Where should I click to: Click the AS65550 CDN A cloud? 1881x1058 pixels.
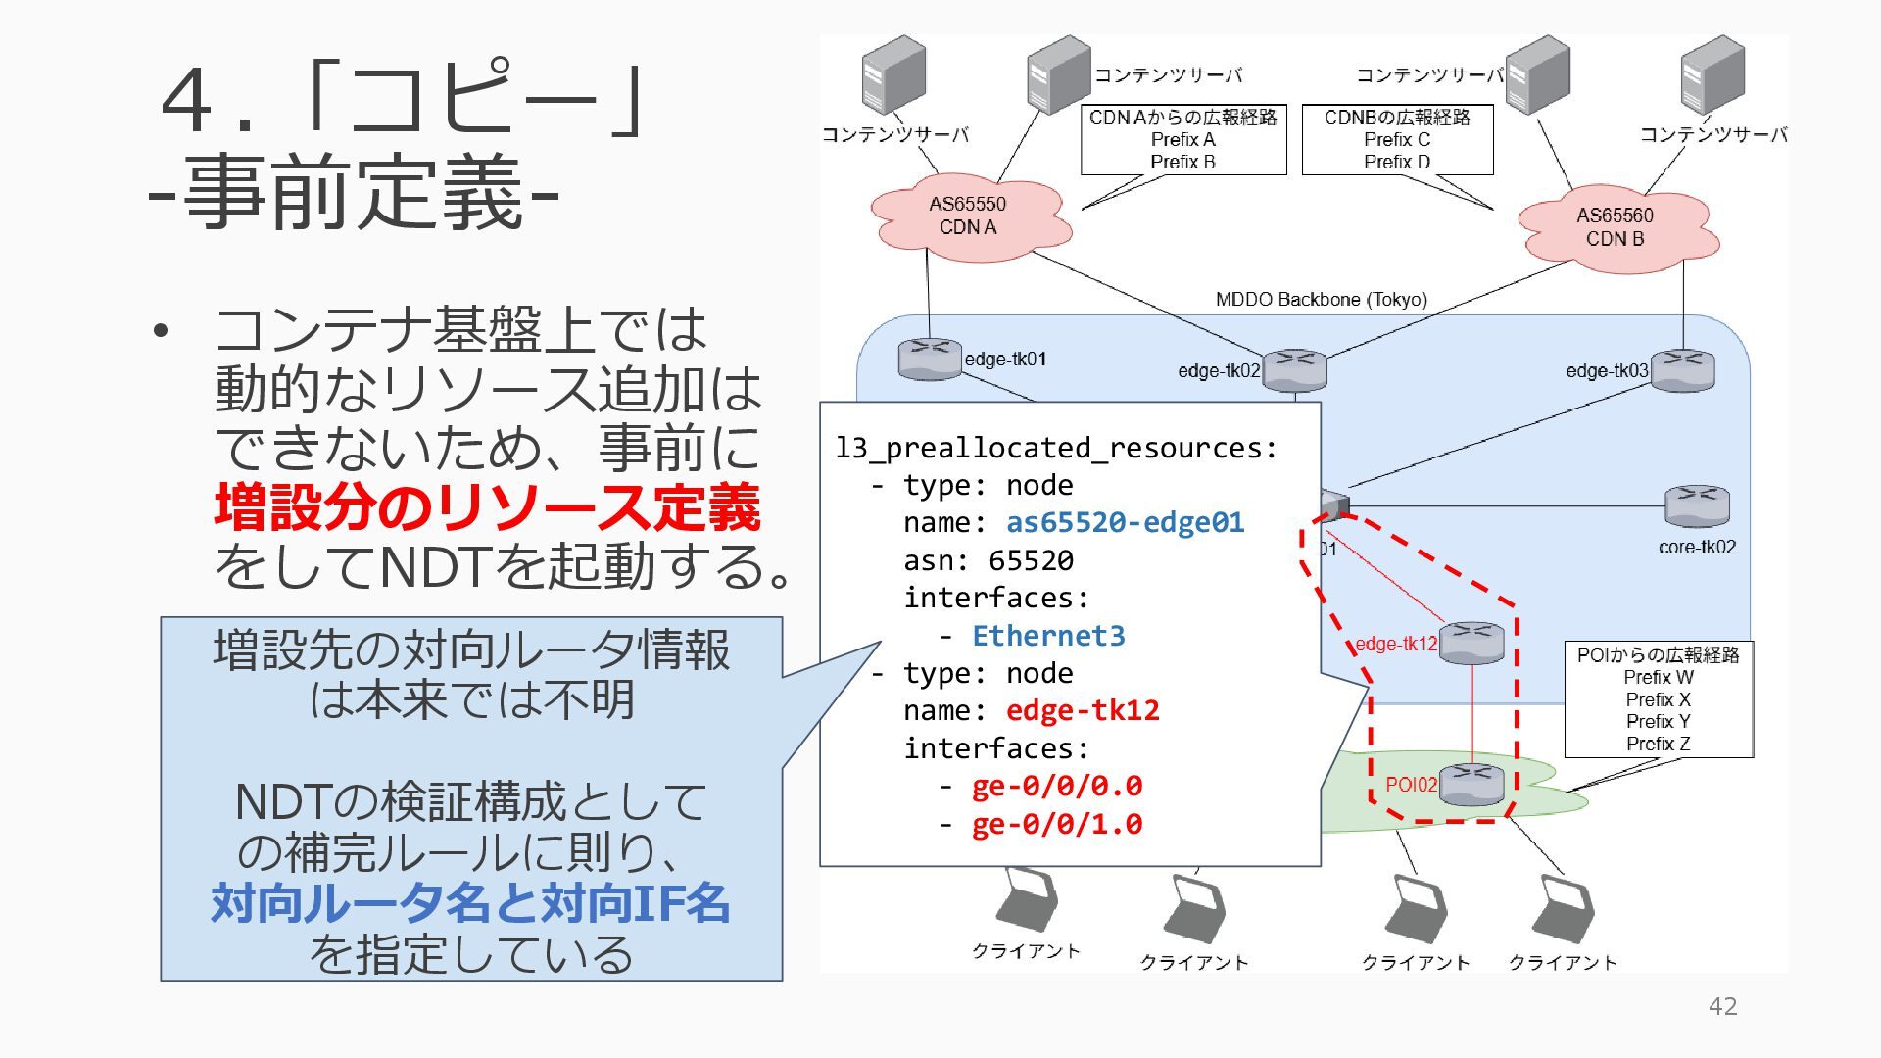click(968, 216)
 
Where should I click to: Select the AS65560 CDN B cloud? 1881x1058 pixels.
click(1616, 227)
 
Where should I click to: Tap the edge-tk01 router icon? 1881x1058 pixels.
click(929, 359)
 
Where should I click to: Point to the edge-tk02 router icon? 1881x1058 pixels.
click(1294, 370)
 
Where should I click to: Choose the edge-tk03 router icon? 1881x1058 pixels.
click(1682, 370)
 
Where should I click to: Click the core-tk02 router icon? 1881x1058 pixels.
click(1697, 505)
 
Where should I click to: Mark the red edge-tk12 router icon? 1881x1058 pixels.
click(1471, 642)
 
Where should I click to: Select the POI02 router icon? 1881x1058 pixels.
click(1471, 784)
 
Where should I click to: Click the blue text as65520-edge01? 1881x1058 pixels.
click(1125, 522)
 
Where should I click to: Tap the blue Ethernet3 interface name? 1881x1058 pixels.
click(1048, 636)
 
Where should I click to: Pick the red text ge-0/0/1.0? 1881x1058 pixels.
click(1057, 824)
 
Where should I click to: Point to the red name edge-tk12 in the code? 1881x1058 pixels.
click(1083, 710)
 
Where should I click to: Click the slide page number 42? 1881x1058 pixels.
click(1722, 1006)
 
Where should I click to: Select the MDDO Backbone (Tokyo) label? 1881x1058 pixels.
click(1321, 299)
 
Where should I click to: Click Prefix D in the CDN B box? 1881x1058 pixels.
click(1397, 162)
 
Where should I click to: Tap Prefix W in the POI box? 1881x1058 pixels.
click(1658, 677)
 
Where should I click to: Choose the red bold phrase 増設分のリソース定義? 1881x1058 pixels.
click(487, 507)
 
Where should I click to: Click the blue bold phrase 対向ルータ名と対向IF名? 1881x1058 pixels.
click(470, 903)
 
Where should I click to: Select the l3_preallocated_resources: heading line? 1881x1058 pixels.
click(1056, 448)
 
